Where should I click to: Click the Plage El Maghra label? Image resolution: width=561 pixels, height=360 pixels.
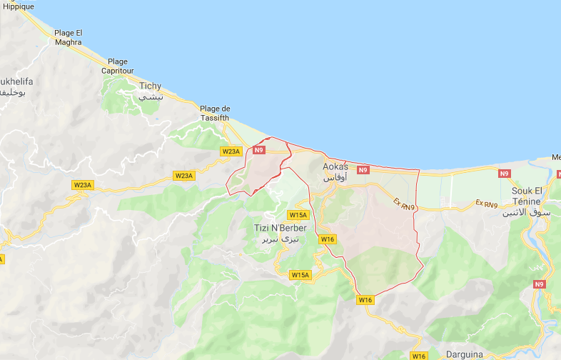point(69,37)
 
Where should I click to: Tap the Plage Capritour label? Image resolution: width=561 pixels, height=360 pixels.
point(118,66)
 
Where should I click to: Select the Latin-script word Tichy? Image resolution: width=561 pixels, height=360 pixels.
point(150,86)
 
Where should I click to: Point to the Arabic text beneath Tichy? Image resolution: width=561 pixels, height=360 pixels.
point(151,96)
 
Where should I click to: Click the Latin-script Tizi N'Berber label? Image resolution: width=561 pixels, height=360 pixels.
point(280,228)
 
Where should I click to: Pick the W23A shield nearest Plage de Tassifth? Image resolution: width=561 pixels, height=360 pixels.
point(231,151)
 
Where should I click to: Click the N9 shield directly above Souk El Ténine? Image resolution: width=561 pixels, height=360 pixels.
point(505,174)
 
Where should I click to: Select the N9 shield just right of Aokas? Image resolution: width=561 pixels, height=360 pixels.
point(363,170)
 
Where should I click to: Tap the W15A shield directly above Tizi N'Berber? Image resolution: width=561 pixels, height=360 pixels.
point(298,215)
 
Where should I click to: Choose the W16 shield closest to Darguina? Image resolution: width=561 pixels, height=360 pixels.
point(419,356)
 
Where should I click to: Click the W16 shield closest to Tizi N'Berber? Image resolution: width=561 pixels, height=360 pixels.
point(328,239)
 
